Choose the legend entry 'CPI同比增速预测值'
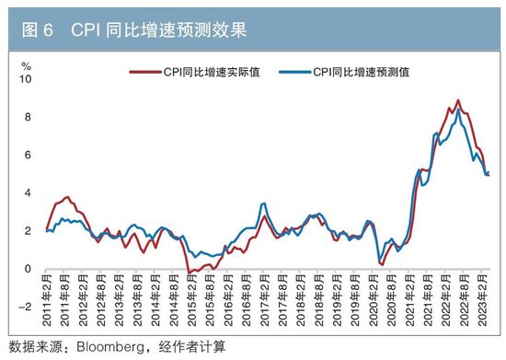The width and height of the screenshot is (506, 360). tap(360, 72)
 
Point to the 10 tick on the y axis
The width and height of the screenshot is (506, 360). tap(27, 80)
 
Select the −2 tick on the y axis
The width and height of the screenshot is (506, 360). tap(25, 308)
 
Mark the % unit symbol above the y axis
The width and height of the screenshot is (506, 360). tap(27, 66)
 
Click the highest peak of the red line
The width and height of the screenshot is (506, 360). tap(458, 100)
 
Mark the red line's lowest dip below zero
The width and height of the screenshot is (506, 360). tap(189, 273)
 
